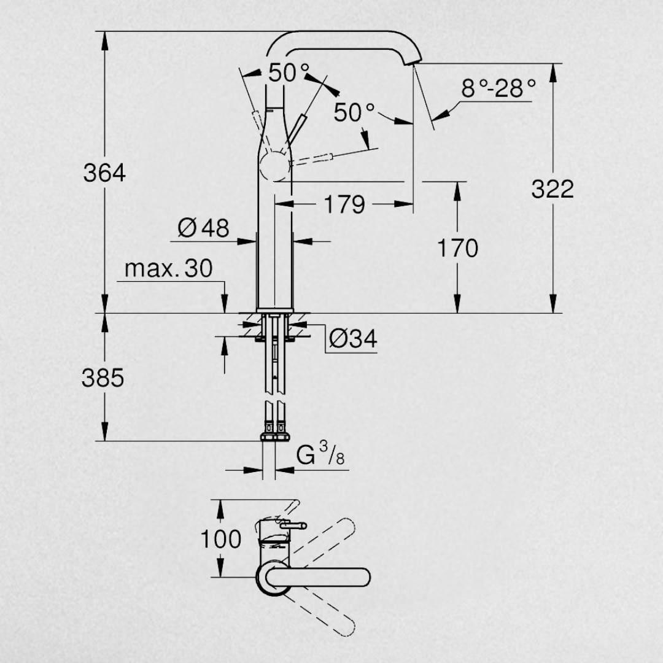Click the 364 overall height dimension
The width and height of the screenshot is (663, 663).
104,174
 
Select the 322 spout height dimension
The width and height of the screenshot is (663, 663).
552,189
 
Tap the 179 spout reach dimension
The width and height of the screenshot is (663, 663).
344,204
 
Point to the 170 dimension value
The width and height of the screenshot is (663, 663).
457,249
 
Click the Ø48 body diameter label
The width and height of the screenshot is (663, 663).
203,229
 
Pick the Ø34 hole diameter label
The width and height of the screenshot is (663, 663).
352,339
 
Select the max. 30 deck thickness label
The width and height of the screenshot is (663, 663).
168,269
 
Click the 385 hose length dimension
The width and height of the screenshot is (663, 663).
103,378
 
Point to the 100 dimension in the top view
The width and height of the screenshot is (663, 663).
221,539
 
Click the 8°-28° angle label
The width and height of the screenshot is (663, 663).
498,89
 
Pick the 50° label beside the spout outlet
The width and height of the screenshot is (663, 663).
354,112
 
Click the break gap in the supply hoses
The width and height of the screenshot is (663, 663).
274,398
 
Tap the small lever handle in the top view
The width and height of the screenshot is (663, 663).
293,525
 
